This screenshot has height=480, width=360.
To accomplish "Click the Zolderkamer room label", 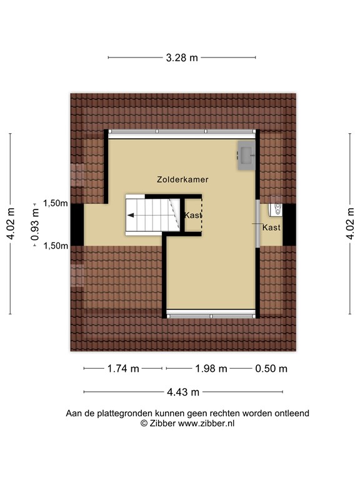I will [x=182, y=179].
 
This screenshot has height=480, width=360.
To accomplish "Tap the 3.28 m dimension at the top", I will [x=182, y=58].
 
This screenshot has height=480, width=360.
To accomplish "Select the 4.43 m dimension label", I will [x=183, y=392].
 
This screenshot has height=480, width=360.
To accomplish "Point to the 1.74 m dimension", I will [x=122, y=369].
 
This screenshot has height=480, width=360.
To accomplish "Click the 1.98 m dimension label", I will [x=211, y=369].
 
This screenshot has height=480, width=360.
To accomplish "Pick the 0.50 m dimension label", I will [x=271, y=369].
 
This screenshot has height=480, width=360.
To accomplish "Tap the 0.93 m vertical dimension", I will [x=36, y=224].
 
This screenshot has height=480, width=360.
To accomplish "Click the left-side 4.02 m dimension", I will [x=11, y=224].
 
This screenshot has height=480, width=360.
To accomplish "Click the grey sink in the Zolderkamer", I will [x=246, y=156].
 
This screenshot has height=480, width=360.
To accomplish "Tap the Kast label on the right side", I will [x=271, y=227].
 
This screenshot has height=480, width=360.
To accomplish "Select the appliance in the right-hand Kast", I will [x=275, y=211].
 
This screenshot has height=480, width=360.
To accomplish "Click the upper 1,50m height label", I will [x=56, y=203].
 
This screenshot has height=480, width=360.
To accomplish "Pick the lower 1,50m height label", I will [x=56, y=246].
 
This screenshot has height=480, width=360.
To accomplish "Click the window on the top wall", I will [x=182, y=132].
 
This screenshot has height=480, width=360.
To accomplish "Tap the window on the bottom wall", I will [x=211, y=315].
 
